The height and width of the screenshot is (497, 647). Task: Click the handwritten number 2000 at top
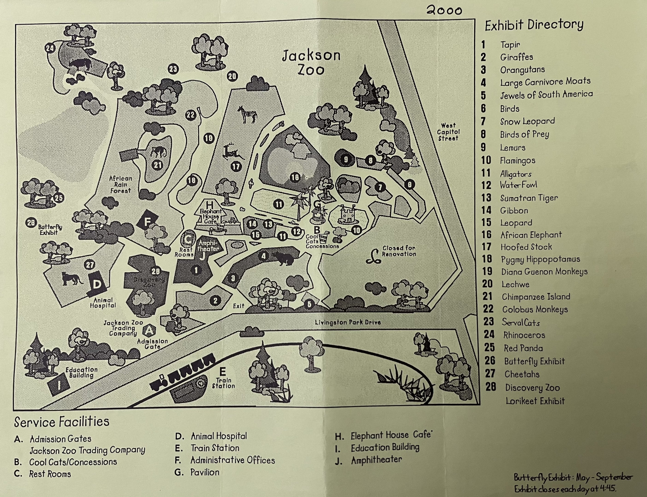point(444,11)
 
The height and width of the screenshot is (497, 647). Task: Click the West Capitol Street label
point(448,132)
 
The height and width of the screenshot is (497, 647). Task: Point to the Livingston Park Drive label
point(348,322)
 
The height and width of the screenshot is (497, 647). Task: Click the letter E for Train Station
point(223,372)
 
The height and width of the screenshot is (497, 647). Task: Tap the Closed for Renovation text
point(399,251)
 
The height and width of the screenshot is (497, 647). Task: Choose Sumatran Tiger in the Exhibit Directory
point(529,198)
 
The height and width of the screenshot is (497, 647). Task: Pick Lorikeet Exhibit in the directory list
point(535,401)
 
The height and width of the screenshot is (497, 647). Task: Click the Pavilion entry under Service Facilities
point(205,472)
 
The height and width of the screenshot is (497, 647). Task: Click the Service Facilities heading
point(61,422)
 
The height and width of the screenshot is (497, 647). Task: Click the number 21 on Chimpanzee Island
point(157,165)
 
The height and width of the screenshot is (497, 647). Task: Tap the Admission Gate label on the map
point(152,344)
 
